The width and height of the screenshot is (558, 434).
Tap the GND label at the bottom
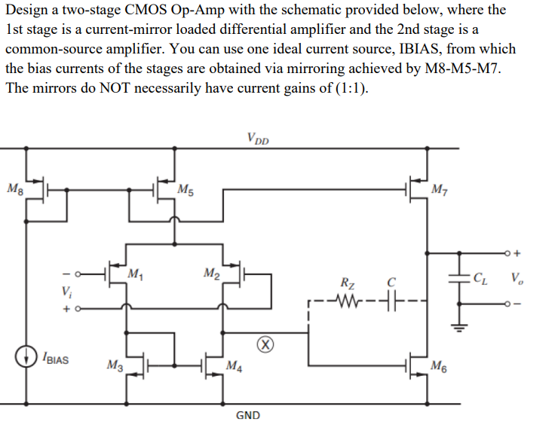pyautogui.click(x=249, y=415)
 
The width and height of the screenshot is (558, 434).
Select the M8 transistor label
pyautogui.click(x=14, y=188)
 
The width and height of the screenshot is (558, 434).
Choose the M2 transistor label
pyautogui.click(x=212, y=273)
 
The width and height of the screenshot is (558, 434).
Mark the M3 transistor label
pyautogui.click(x=115, y=366)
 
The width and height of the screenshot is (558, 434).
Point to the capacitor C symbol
pyautogui.click(x=391, y=305)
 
